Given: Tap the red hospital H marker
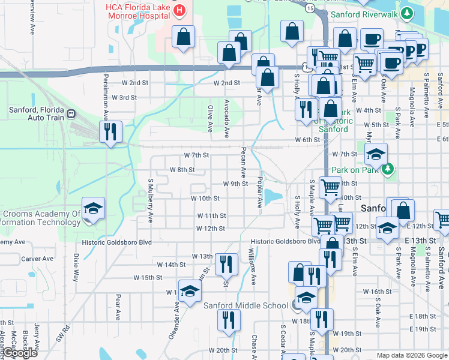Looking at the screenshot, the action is click(x=178, y=10).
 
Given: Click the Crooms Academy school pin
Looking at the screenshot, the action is click(x=94, y=209).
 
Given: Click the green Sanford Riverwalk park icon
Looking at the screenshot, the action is click(x=406, y=13).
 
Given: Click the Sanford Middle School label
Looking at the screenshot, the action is click(x=246, y=305).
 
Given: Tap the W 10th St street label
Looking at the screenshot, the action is click(x=205, y=198).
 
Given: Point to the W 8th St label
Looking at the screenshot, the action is click(x=182, y=170).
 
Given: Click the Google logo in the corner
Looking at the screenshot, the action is click(x=20, y=353).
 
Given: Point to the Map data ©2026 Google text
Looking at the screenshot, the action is click(x=411, y=355).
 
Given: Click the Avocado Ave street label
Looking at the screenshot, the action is click(x=227, y=116).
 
